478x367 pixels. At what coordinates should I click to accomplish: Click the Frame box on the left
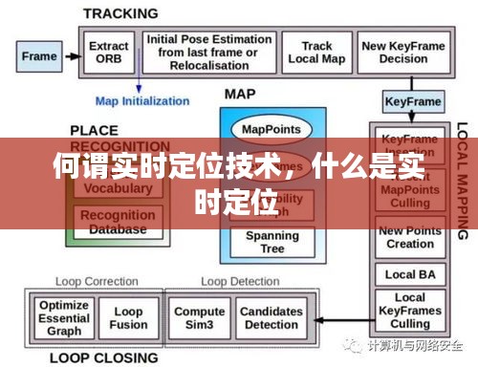tap(38, 55)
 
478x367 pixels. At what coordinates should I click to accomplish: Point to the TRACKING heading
tap(119, 12)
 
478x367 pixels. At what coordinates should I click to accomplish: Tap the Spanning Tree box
tap(272, 242)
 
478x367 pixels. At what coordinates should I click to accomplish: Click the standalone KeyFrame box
tap(412, 101)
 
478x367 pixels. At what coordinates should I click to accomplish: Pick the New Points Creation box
tap(409, 238)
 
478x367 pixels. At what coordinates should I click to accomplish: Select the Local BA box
tap(409, 274)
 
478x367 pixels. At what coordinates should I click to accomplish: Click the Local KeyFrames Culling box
tap(409, 309)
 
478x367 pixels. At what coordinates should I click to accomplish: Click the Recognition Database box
tap(119, 223)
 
